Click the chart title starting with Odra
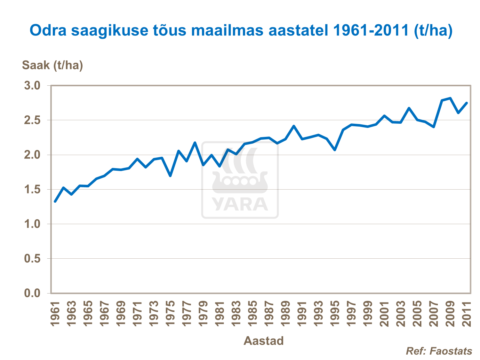coord(241,31)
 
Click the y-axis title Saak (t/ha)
coord(52,65)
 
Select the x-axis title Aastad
coord(264,341)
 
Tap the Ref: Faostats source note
coord(439,351)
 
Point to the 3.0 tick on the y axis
coord(32,86)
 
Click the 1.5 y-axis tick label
coord(32,190)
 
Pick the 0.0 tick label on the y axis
coord(32,293)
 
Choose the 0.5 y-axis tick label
coord(32,259)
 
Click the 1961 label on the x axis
coord(55,314)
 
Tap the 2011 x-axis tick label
coord(467,314)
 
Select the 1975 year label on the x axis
coord(170,314)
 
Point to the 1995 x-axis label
coord(335,314)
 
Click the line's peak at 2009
coord(450,98)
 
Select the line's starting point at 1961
coord(55,202)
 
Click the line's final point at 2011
coord(467,103)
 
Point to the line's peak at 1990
coord(294,126)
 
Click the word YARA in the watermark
coord(240,205)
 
